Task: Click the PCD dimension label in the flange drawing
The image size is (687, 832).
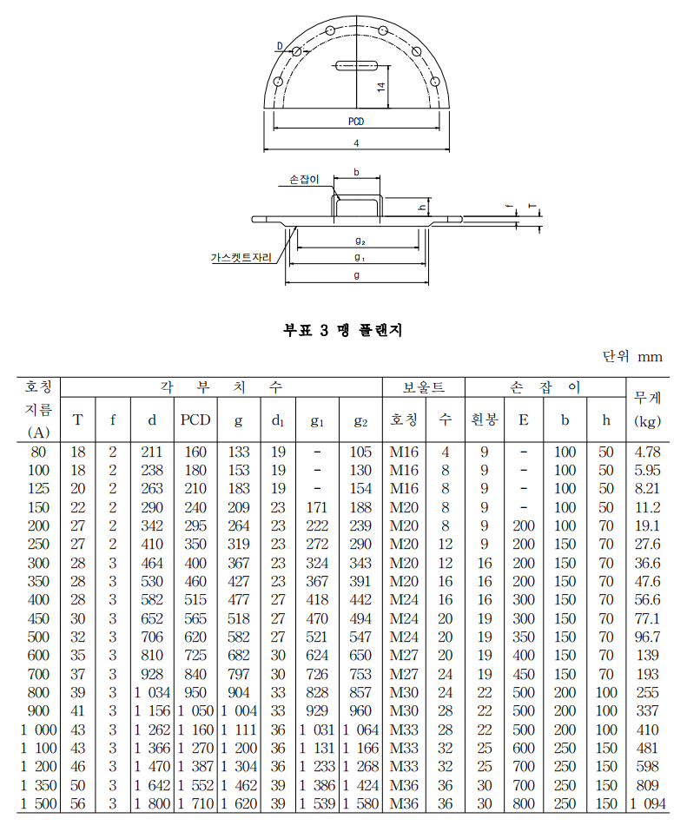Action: (x=356, y=122)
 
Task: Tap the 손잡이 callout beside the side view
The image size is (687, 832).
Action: (x=304, y=180)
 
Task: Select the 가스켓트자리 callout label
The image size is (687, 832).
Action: (x=241, y=258)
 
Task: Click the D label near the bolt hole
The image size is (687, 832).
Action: (x=280, y=45)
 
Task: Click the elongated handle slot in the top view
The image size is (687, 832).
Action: (x=356, y=63)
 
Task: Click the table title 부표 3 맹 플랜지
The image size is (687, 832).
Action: (x=343, y=330)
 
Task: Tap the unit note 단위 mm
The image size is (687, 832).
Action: (x=631, y=357)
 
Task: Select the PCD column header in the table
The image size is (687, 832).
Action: (x=195, y=420)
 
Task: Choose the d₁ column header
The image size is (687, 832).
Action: (x=278, y=421)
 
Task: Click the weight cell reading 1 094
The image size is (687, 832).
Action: (x=647, y=804)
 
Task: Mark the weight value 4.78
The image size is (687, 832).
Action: (x=648, y=452)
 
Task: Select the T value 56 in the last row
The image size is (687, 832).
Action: (x=78, y=804)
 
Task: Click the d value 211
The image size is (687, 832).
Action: (x=152, y=452)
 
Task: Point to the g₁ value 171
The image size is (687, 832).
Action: (x=317, y=507)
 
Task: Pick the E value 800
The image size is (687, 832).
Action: (x=523, y=804)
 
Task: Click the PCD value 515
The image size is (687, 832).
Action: (x=195, y=600)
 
